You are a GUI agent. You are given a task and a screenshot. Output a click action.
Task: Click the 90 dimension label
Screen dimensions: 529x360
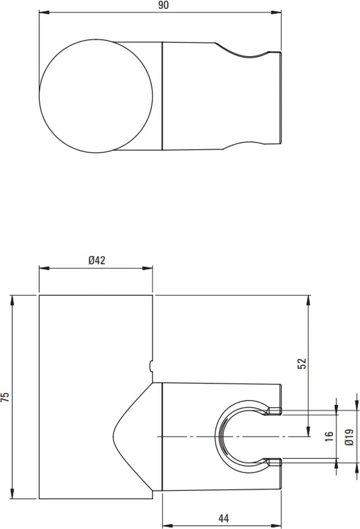point(163,5)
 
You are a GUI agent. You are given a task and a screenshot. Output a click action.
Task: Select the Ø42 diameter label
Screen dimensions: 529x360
point(96,260)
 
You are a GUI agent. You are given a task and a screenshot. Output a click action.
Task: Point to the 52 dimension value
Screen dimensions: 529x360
point(302,364)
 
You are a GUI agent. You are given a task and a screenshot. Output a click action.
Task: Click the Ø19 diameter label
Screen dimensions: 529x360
point(349,436)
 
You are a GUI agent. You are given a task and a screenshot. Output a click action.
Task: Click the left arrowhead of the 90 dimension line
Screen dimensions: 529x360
point(43,12)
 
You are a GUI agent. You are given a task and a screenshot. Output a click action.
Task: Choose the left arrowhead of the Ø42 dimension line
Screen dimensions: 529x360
point(43,268)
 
